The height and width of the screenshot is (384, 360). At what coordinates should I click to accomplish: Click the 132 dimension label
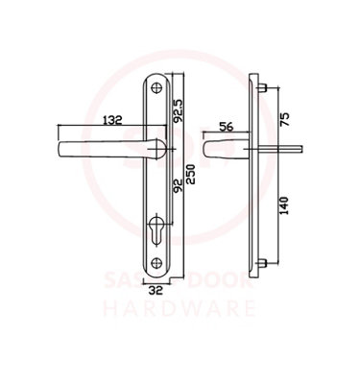[x=113, y=120]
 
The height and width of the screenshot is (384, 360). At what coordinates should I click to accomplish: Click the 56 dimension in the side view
[x=228, y=126]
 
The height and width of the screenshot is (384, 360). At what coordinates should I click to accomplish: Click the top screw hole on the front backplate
[x=158, y=85]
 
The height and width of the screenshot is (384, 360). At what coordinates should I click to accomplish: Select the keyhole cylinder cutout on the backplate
[x=158, y=232]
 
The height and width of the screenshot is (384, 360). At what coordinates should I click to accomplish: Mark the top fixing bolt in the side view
[x=265, y=85]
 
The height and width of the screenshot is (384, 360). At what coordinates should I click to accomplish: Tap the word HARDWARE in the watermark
[x=180, y=310]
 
